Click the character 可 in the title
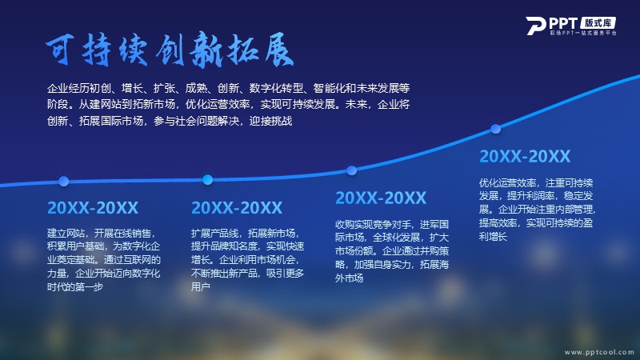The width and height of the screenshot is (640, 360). pos(60,50)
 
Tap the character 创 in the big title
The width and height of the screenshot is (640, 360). pos(170,50)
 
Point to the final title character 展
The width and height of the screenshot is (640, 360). pos(279,50)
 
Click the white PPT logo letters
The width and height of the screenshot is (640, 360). pos(552,26)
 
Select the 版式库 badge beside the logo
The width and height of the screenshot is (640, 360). pos(598,23)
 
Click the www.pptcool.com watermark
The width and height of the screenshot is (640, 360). pos(599,352)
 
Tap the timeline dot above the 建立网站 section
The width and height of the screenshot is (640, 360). pos(63,182)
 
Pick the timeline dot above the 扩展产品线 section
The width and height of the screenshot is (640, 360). pos(207,179)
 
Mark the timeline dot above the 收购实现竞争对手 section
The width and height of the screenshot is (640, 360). pos(351,170)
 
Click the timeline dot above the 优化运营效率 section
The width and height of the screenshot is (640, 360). pos(495,129)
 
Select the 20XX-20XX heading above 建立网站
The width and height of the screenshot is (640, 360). pos(93,208)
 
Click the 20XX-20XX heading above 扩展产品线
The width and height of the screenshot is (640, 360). pos(237,208)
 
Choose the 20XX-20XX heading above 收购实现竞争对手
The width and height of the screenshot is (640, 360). pos(381,198)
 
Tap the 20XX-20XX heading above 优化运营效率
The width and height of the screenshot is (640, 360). pos(525,156)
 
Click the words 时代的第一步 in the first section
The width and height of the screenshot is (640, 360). pos(75,286)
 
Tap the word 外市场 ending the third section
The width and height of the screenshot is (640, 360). pos(350,278)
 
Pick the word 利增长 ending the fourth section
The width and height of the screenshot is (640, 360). pos(493,236)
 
